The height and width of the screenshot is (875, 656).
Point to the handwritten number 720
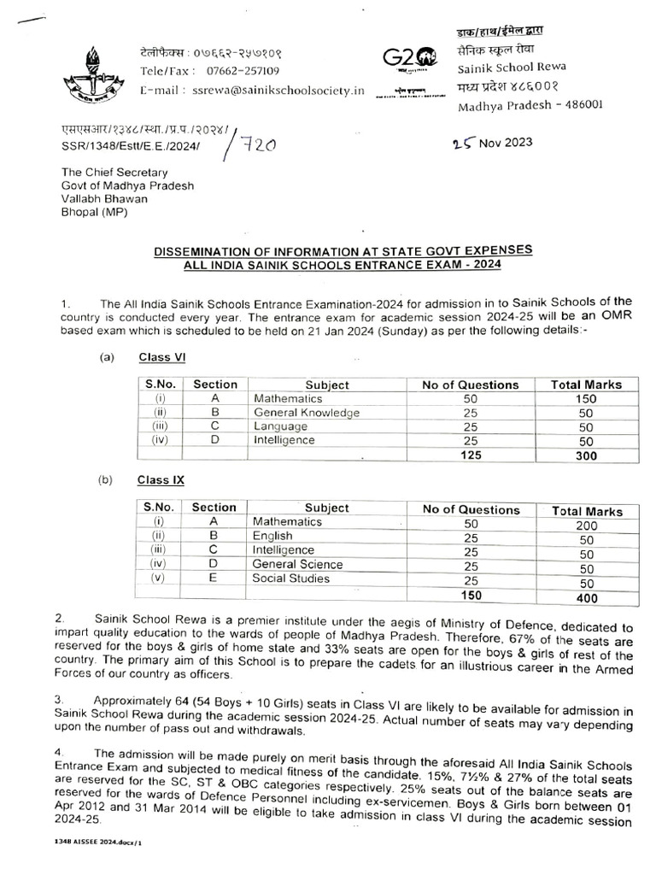[257, 146]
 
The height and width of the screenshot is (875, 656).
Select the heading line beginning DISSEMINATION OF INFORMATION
[343, 250]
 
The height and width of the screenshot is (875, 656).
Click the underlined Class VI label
[161, 357]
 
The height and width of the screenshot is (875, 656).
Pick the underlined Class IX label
[161, 480]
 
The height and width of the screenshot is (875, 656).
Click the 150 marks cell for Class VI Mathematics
[586, 399]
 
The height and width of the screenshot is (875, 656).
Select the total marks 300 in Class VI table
[586, 456]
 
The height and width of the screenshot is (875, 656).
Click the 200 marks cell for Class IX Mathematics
[586, 526]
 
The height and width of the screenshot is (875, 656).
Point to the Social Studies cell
[290, 578]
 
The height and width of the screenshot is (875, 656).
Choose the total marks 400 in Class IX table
[586, 597]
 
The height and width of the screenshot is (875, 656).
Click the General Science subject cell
[297, 564]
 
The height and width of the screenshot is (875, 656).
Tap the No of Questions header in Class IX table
[471, 509]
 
